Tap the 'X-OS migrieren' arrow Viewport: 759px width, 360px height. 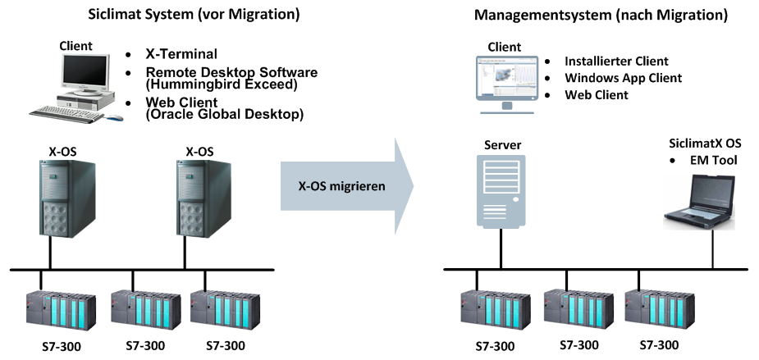(345, 186)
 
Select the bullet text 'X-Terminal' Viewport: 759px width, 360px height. (181, 55)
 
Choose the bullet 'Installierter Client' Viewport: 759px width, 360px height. (616, 62)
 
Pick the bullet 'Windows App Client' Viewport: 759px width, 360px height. (623, 78)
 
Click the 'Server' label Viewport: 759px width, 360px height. (502, 145)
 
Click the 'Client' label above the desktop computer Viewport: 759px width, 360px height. (75, 46)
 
